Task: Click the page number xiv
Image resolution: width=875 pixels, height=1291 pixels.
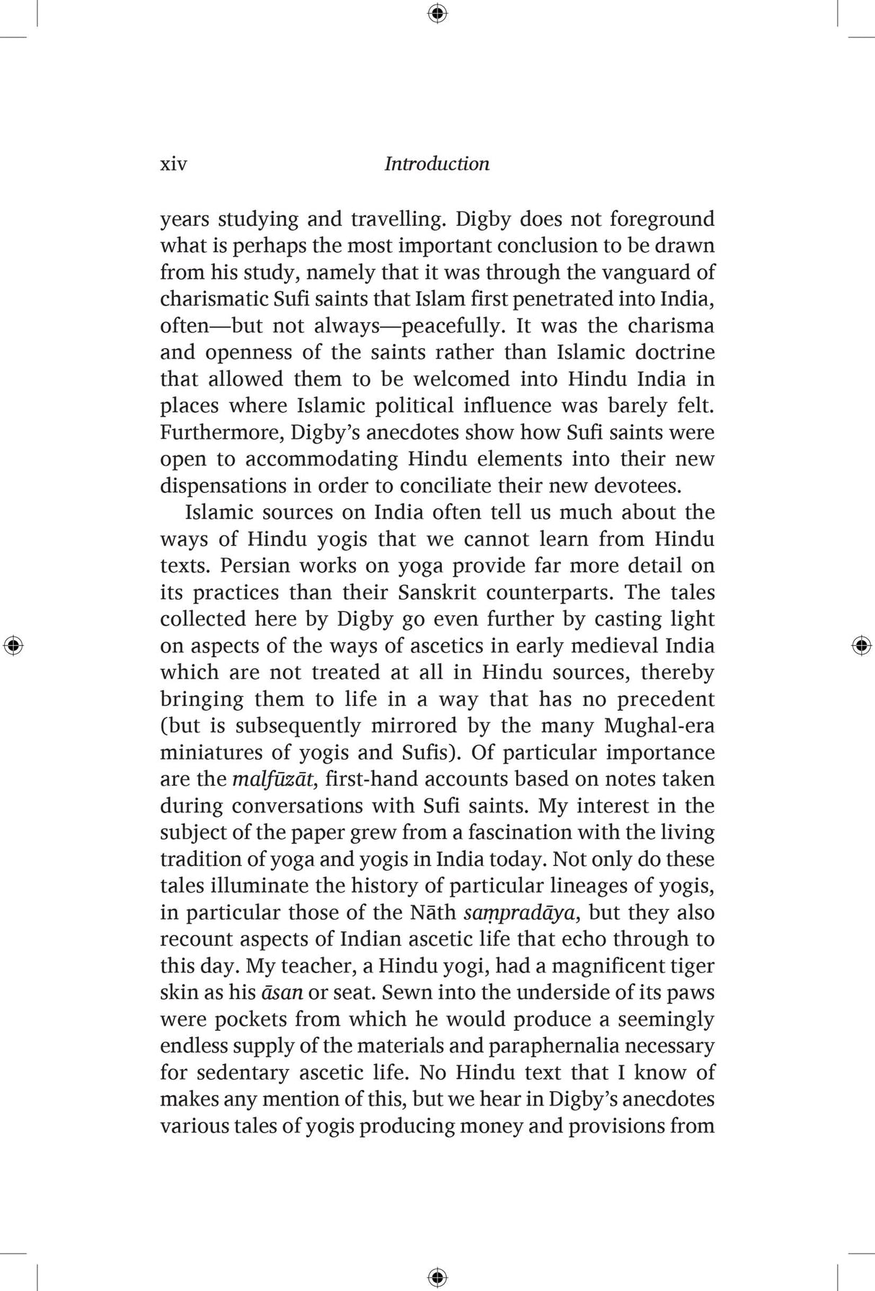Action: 173,164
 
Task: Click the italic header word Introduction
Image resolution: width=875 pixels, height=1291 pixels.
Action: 437,164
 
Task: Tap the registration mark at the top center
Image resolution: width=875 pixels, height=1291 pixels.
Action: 437,14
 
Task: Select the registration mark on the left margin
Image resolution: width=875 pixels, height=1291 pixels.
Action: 13,645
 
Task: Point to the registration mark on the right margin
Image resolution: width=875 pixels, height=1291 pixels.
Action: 861,645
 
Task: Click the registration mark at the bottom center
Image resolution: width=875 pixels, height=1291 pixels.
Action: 437,1277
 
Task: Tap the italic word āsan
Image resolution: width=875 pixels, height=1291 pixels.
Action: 282,993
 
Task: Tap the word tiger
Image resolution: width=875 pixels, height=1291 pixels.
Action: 690,966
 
